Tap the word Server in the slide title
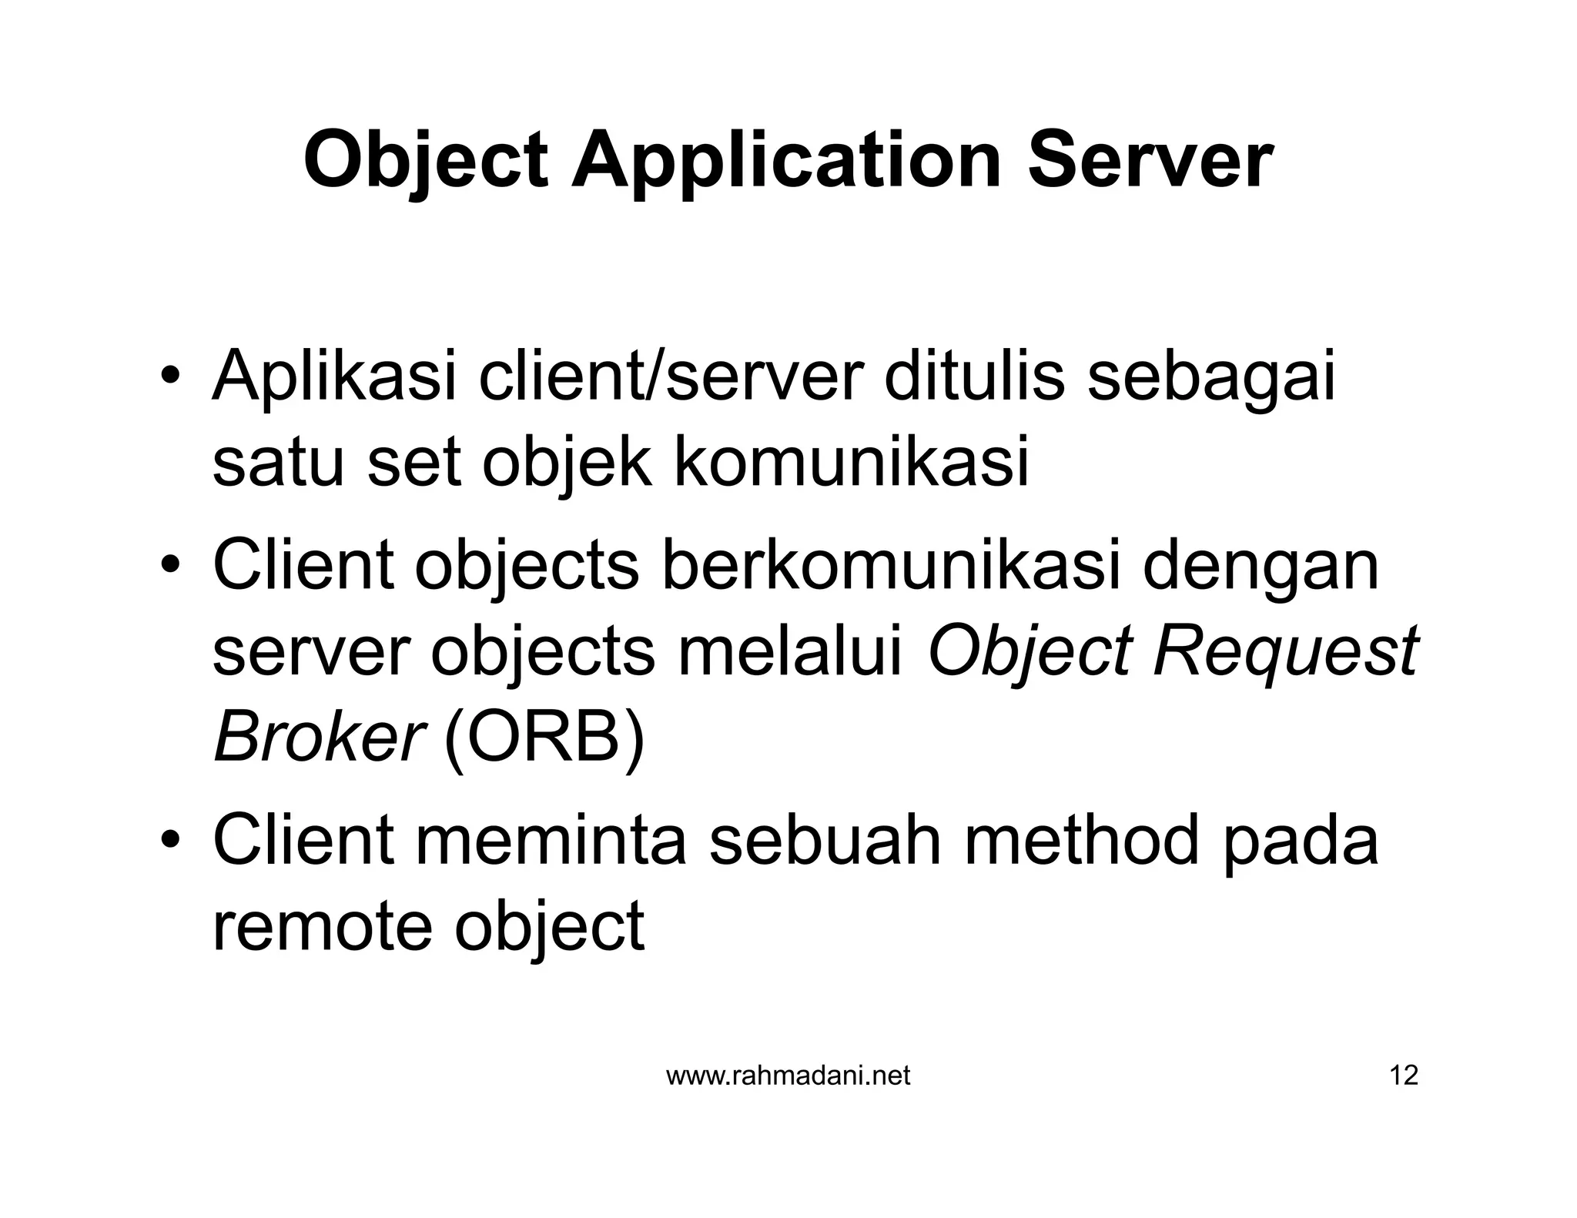[1150, 160]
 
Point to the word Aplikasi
[335, 379]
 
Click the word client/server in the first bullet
[668, 377]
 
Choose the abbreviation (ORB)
[544, 738]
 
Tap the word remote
[322, 926]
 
